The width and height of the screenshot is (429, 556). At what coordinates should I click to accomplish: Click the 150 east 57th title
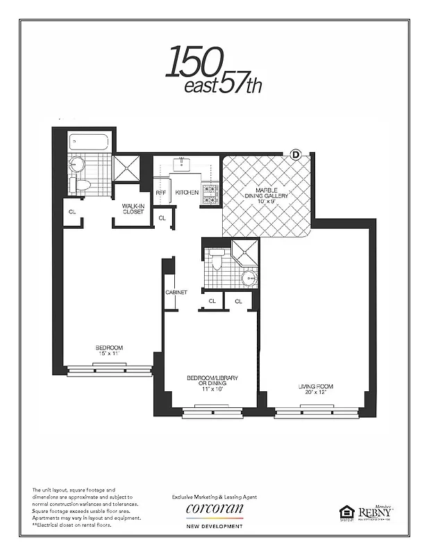coord(214,70)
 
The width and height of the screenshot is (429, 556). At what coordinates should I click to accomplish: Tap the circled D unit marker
coord(295,154)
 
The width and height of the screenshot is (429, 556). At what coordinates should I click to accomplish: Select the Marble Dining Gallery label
coord(266,196)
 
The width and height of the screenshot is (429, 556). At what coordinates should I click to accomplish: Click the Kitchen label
coord(187,193)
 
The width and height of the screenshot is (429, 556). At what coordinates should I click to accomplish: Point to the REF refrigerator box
coord(161,193)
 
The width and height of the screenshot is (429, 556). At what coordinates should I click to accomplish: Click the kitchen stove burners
coord(210,193)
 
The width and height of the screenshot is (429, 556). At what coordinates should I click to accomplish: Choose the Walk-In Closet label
coord(133,208)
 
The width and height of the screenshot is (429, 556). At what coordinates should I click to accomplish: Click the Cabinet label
coord(176,293)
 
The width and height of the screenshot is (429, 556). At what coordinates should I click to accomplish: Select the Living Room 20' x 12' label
coord(317,389)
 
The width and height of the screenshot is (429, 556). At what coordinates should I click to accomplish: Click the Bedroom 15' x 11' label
coord(109,350)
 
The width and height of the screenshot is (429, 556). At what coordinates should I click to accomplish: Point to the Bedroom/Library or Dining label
coord(212,382)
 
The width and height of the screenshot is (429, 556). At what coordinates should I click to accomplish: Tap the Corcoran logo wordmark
coord(214,509)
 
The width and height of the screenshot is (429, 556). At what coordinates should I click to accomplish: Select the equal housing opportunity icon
coord(346,513)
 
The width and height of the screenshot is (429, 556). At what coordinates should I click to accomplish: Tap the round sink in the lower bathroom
coord(249,278)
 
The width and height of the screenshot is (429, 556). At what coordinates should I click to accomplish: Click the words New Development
coord(214,526)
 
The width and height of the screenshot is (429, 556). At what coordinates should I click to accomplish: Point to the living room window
coord(317,414)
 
